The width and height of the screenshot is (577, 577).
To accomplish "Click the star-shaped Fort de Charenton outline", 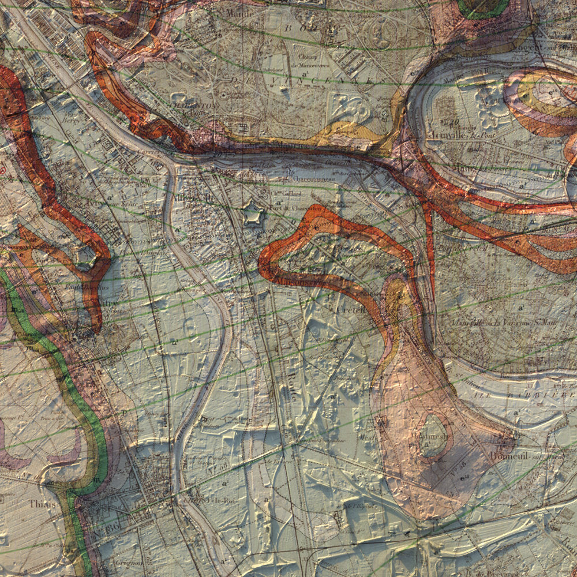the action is point(253,214).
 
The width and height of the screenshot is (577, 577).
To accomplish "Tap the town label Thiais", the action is point(43,504).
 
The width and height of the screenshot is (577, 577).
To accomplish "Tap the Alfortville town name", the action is point(190,197).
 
